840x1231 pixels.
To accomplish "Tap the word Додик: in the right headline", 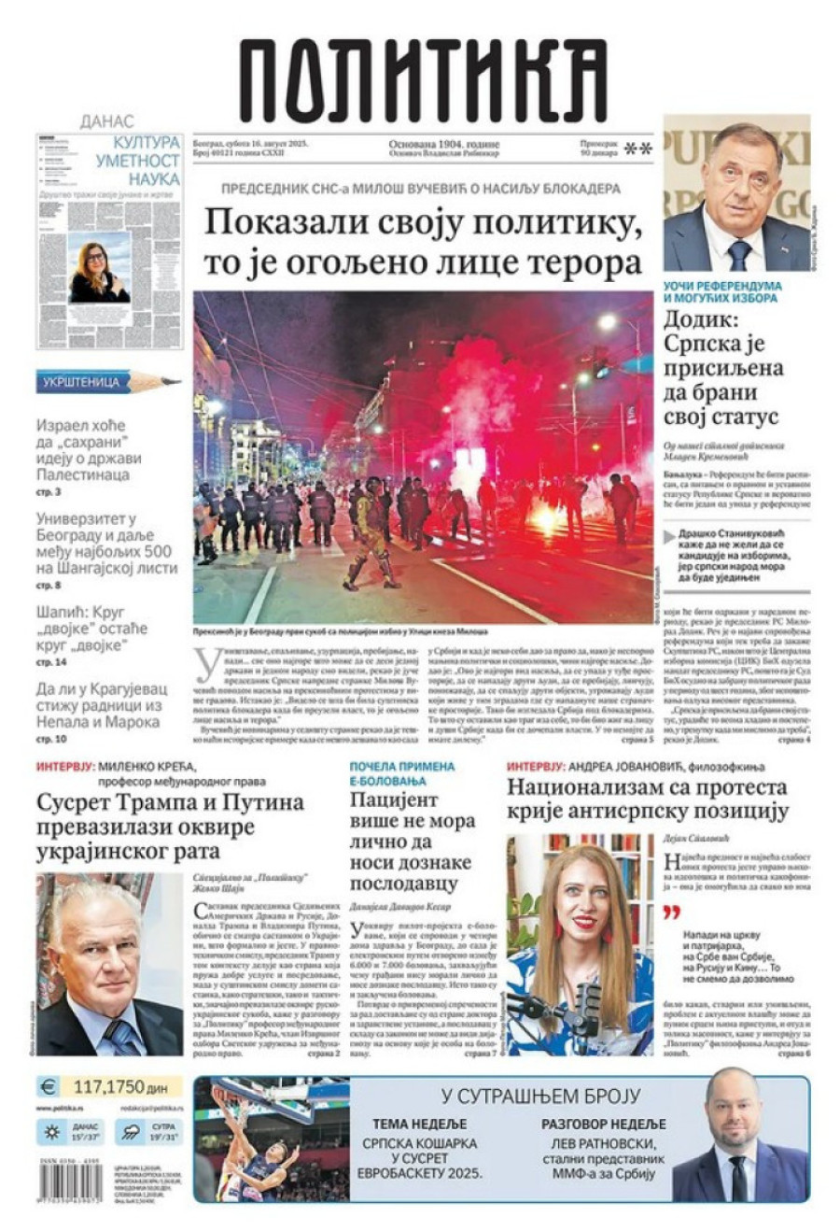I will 700,320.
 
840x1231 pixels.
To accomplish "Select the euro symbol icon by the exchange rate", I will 48,1087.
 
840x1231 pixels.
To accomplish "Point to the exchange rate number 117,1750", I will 107,1087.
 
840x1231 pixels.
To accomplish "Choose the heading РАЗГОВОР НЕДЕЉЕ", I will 604,1124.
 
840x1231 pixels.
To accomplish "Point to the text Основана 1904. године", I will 444,145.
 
